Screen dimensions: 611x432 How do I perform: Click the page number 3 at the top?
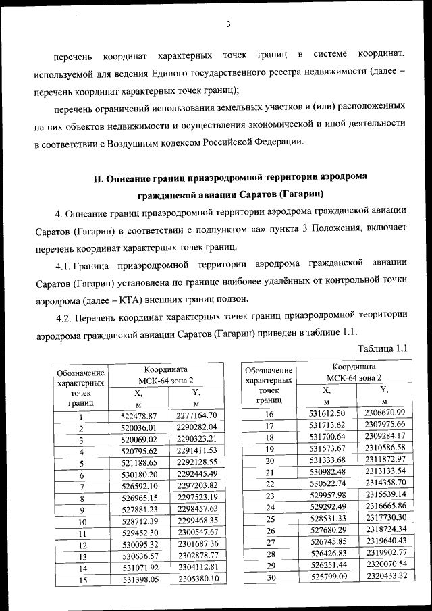(x=228, y=25)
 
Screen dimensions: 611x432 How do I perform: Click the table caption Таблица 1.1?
(x=383, y=348)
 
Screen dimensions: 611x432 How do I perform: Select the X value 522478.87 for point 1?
(x=138, y=416)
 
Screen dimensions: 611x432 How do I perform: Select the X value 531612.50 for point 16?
(x=327, y=413)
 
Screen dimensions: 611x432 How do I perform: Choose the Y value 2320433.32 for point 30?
(x=385, y=575)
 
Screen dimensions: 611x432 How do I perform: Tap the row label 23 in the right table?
(x=269, y=495)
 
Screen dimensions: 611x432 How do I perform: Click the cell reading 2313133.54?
(x=385, y=472)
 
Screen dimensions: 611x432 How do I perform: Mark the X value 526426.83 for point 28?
(x=327, y=553)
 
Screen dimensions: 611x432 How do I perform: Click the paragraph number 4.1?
(x=65, y=263)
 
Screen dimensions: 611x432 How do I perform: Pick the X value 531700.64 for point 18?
(x=327, y=436)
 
